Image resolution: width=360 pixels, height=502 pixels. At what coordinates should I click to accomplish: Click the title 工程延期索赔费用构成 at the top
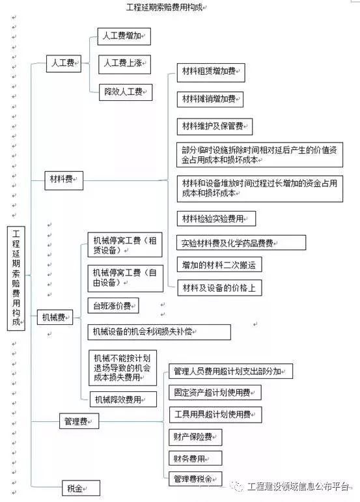click(x=165, y=7)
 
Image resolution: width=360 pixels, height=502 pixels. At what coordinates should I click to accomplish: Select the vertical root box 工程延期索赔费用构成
click(x=16, y=278)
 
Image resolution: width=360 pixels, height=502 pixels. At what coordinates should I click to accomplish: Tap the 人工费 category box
click(x=64, y=63)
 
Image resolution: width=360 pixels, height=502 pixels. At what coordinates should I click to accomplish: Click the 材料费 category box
click(x=64, y=180)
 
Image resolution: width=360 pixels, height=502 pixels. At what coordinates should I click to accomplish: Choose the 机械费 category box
click(x=55, y=317)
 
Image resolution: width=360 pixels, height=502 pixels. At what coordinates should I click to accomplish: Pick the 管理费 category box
click(x=79, y=421)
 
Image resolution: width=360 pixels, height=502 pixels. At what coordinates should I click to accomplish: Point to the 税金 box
click(x=81, y=488)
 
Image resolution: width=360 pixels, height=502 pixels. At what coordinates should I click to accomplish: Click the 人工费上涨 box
click(x=124, y=64)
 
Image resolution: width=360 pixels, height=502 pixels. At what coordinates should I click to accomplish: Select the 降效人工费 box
click(x=126, y=92)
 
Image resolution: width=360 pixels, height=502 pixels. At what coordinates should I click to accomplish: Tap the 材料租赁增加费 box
click(x=211, y=73)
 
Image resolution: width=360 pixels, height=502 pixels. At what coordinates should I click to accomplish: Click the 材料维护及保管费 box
click(x=215, y=127)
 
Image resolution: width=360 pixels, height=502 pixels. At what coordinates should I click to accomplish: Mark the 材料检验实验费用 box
click(x=216, y=219)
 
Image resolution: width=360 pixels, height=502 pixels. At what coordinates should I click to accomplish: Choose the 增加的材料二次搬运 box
click(x=219, y=264)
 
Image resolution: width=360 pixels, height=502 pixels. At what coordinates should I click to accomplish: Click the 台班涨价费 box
click(x=113, y=305)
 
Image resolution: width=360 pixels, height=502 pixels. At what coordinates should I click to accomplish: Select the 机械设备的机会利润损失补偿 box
click(x=159, y=332)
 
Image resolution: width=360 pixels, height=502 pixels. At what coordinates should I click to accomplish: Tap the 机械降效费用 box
click(x=123, y=399)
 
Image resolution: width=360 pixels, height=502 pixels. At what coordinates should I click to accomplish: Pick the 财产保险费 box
click(x=195, y=438)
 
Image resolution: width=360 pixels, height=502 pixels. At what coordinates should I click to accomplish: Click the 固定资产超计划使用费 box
click(x=215, y=392)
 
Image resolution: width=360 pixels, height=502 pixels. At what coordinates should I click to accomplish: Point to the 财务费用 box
click(x=195, y=458)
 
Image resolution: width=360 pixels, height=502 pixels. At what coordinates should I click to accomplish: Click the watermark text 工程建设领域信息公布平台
click(x=298, y=487)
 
